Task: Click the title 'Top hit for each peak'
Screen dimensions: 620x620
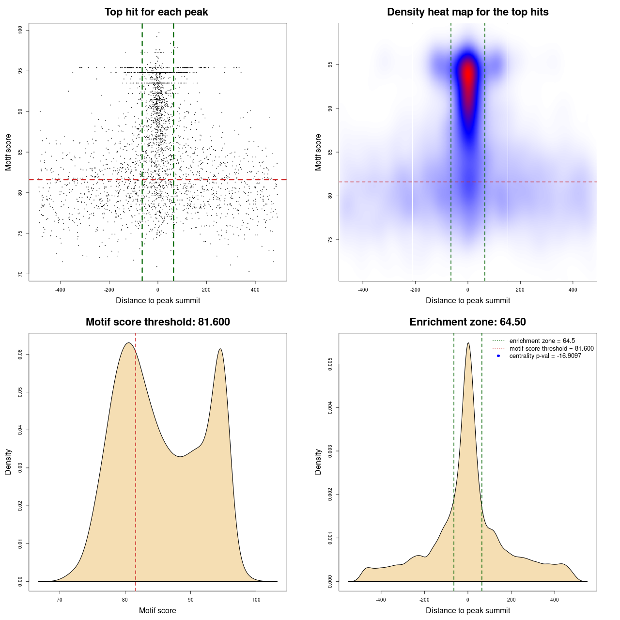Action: point(156,12)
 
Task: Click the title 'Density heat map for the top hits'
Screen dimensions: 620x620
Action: point(467,12)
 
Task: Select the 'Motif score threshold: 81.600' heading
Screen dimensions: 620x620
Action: point(157,322)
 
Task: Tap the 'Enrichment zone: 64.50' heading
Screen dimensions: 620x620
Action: point(467,322)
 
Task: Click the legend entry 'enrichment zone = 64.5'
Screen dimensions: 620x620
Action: point(542,341)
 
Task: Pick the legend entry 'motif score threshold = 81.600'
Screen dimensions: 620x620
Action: point(551,348)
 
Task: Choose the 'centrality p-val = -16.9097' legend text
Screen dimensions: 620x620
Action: point(545,356)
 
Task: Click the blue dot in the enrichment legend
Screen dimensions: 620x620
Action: point(498,356)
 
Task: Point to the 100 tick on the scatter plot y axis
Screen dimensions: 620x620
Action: point(20,31)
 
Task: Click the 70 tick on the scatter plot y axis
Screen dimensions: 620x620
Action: point(20,274)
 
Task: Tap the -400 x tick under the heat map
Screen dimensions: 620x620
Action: point(363,290)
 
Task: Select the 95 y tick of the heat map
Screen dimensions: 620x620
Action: point(330,64)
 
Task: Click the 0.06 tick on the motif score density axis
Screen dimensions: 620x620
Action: point(20,355)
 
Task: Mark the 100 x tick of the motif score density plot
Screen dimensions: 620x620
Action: point(256,600)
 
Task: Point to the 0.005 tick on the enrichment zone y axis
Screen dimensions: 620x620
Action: point(330,364)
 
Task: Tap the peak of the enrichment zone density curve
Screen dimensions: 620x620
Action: point(468,343)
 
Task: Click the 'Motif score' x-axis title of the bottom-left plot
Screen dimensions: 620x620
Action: point(157,610)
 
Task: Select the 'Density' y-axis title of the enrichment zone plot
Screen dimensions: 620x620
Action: point(318,462)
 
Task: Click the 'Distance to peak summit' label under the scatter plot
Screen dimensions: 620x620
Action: point(158,300)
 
